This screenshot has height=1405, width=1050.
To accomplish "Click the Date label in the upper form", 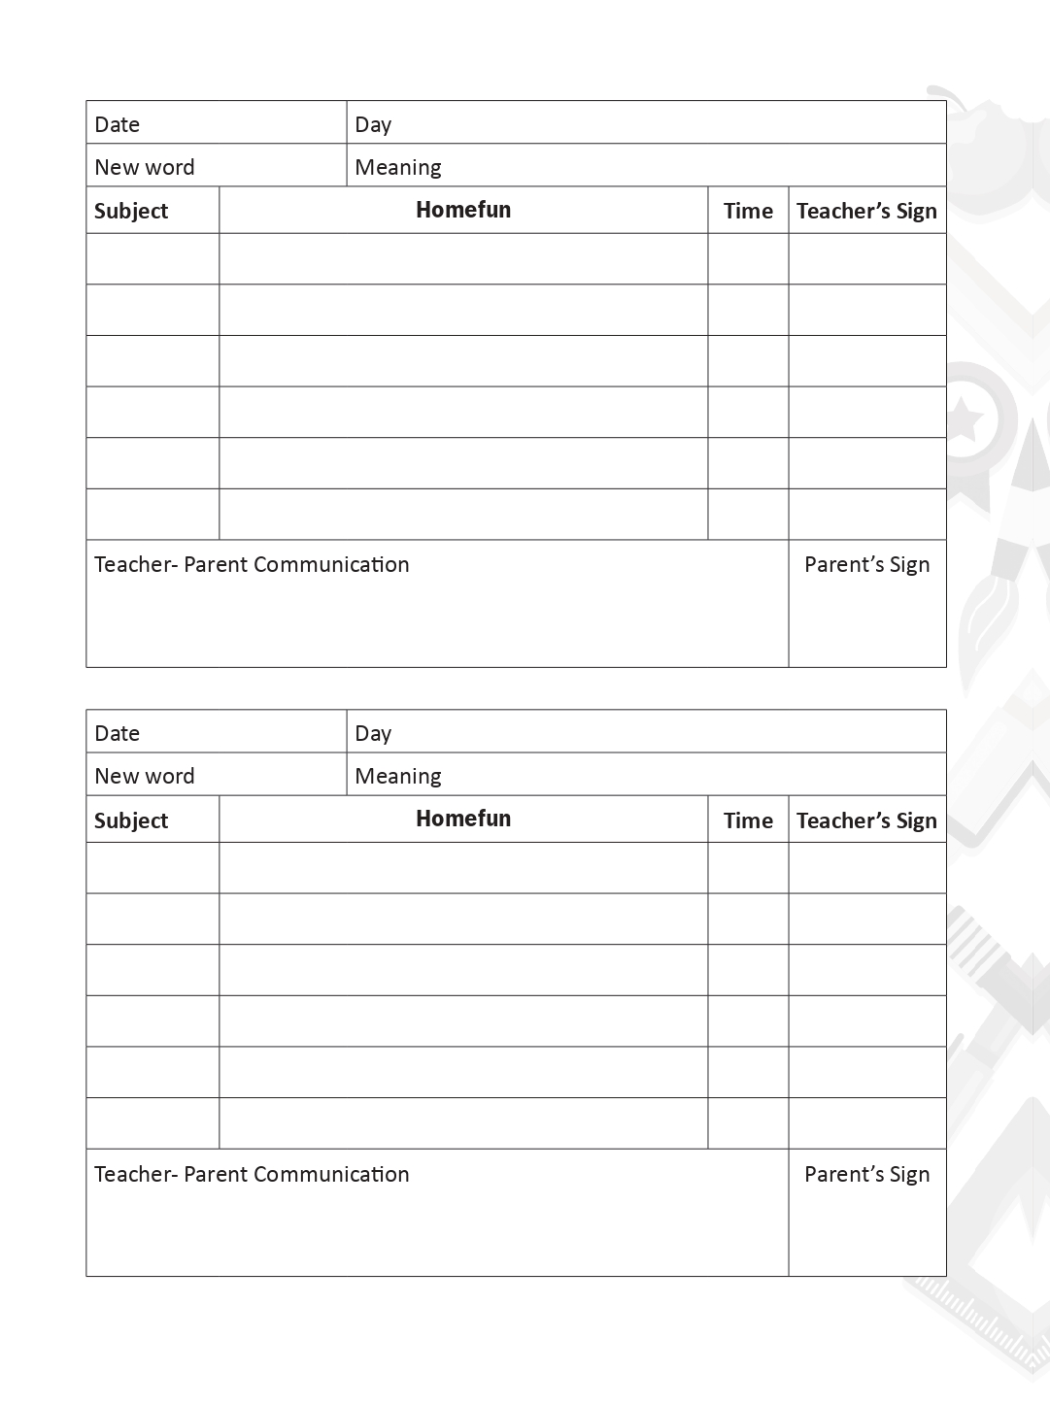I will [118, 124].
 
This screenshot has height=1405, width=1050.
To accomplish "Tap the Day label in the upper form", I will [373, 124].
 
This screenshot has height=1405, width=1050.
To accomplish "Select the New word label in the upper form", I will [145, 167].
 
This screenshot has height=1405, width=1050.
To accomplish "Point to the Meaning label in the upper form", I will [398, 167].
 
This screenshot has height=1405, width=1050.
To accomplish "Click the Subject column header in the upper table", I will [131, 211].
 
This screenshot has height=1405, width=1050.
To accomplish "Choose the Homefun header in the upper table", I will [463, 210].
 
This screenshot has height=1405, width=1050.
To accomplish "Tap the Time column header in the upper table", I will [748, 211].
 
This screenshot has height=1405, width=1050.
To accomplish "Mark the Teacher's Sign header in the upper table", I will [866, 211].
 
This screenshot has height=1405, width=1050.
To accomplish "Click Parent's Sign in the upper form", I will [866, 564].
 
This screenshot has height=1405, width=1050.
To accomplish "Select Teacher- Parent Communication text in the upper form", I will [252, 564].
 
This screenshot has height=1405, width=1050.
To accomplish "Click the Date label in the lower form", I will [118, 733].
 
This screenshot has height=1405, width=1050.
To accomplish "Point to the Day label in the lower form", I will [373, 733].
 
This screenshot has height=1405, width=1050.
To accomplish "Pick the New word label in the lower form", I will [145, 776].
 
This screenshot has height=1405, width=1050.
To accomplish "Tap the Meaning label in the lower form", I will [398, 776].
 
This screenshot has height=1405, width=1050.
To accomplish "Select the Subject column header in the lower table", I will [131, 820].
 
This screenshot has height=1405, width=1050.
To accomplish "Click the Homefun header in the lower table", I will [463, 819].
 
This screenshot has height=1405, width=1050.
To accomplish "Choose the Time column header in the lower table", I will [748, 820].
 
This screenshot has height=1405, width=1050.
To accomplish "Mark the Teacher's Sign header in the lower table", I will [866, 820].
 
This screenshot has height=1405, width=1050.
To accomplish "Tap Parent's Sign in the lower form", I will [866, 1174].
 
